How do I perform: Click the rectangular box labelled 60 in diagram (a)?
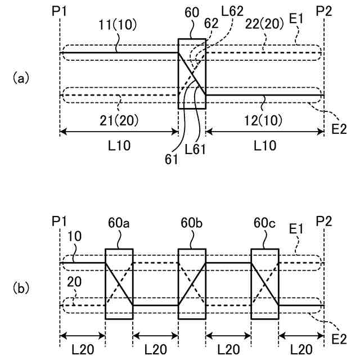coord(192,74)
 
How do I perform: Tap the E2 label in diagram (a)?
coord(339,129)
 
